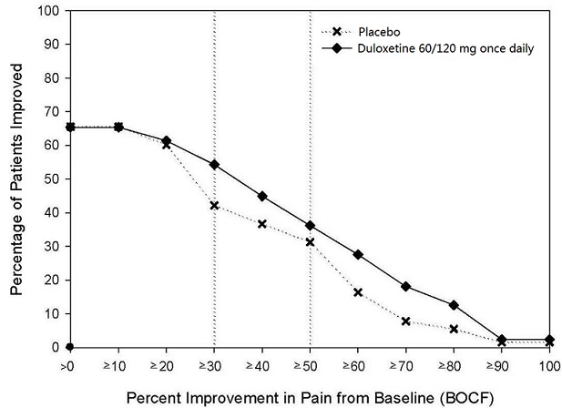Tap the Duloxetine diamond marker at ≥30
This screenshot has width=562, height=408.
pos(213,165)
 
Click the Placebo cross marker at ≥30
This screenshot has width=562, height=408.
pos(213,206)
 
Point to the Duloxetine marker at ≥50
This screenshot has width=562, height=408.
pos(310,225)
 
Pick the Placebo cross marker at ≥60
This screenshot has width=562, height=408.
pos(358,292)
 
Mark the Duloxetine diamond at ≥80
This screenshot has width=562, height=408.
pos(454,304)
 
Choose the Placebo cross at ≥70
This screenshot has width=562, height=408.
pos(405,321)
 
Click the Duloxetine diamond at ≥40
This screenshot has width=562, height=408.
pos(261,196)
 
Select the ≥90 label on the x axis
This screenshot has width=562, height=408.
pos(501,365)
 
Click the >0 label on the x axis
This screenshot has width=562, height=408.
pos(69,365)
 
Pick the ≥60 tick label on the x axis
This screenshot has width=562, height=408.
pos(357,365)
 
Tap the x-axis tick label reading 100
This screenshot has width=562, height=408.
pos(548,365)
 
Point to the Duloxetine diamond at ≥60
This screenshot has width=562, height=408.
pos(358,254)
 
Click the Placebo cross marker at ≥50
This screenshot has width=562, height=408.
pos(310,242)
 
